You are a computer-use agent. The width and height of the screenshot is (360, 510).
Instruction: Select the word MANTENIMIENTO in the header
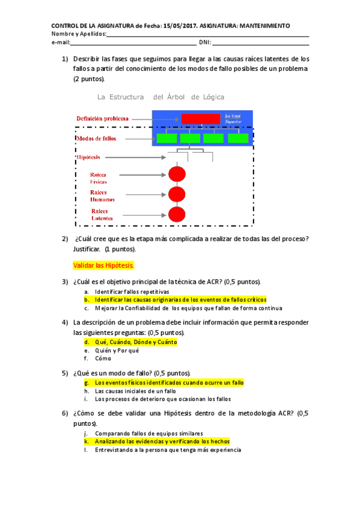[264, 26]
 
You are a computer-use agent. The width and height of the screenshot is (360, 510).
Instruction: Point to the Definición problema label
[102, 118]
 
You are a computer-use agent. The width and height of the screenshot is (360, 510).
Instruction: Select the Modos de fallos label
[96, 138]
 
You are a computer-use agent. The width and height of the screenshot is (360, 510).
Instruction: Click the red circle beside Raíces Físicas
[176, 174]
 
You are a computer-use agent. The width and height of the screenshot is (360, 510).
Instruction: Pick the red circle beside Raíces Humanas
[176, 194]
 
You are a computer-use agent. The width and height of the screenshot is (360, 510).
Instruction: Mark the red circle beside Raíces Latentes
[176, 214]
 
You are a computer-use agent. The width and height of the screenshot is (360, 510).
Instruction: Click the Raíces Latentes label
[103, 214]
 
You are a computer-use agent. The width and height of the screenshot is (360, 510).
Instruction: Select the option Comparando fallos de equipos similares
[149, 433]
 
